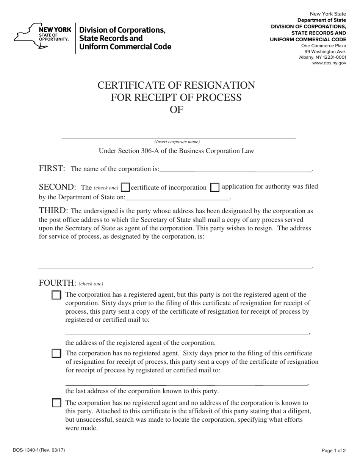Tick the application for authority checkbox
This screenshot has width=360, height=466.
tap(214, 188)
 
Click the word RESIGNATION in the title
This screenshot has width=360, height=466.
tap(215, 85)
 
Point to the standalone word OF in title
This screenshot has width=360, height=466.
tap(176, 109)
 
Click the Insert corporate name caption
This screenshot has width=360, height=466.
tap(177, 142)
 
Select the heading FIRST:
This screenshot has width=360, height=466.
tap(52, 169)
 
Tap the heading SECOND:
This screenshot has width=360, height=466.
tap(58, 187)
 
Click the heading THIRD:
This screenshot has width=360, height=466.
tap(53, 211)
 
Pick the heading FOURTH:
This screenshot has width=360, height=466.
tap(58, 283)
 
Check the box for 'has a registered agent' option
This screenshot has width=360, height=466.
tap(56, 295)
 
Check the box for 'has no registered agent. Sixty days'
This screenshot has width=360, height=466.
tap(56, 353)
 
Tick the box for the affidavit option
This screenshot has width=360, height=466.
tap(56, 403)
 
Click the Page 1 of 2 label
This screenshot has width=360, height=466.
tap(333, 450)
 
